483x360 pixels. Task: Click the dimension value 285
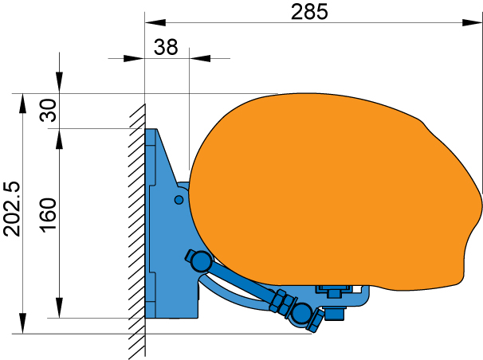pyautogui.click(x=309, y=12)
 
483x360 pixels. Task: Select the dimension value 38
pyautogui.click(x=166, y=47)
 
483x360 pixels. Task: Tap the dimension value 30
pyautogui.click(x=49, y=110)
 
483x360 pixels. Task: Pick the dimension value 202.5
pyautogui.click(x=12, y=209)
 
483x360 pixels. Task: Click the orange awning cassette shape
pyautogui.click(x=332, y=191)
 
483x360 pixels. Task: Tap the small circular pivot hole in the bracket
pyautogui.click(x=179, y=200)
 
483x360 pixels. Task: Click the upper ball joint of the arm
pyautogui.click(x=201, y=261)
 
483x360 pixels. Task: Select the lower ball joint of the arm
pyautogui.click(x=301, y=313)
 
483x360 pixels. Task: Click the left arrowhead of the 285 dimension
pyautogui.click(x=155, y=22)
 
